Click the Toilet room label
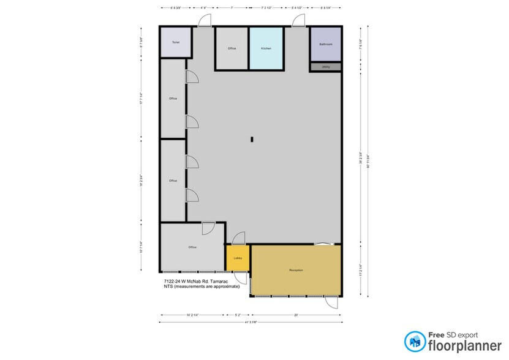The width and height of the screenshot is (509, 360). pyautogui.click(x=176, y=42)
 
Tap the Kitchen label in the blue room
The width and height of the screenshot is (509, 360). pyautogui.click(x=266, y=48)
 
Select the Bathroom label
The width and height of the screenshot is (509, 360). pyautogui.click(x=326, y=44)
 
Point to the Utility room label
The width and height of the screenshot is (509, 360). pyautogui.click(x=326, y=67)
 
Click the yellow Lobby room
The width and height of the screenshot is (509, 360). pyautogui.click(x=238, y=258)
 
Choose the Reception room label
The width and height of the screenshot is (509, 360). pyautogui.click(x=296, y=270)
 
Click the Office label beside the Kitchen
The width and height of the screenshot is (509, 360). pyautogui.click(x=232, y=48)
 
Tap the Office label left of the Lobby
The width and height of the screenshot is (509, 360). pyautogui.click(x=192, y=247)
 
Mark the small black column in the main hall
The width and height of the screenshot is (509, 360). pyautogui.click(x=252, y=140)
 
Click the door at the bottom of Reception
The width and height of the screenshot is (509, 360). pyautogui.click(x=331, y=301)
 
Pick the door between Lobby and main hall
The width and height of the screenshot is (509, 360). pyautogui.click(x=238, y=238)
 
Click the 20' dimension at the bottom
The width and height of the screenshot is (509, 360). pyautogui.click(x=295, y=315)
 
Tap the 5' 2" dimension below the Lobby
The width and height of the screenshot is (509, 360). pyautogui.click(x=238, y=315)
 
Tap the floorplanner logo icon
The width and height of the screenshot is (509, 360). pyautogui.click(x=415, y=341)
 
